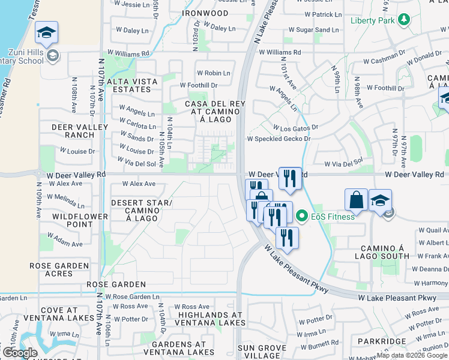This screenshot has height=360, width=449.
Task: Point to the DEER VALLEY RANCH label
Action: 80,131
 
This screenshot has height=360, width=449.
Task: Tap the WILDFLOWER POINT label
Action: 80,220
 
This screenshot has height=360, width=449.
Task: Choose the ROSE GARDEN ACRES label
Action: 59,269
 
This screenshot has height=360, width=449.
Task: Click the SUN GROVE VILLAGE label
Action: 262,352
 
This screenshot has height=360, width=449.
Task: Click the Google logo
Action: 20,353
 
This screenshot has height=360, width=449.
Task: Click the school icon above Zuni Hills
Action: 46,33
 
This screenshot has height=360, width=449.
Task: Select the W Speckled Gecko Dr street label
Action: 279,139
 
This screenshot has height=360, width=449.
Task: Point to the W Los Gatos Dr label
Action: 295,128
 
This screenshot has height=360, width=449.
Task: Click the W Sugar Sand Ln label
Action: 314,30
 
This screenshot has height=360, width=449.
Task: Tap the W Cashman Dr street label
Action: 384,61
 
